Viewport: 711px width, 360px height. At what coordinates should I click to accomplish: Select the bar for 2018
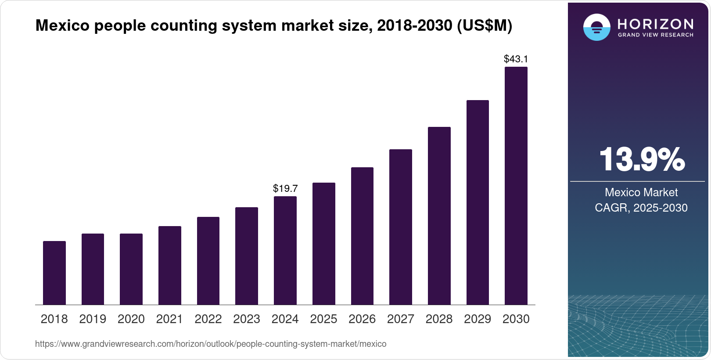coord(54,273)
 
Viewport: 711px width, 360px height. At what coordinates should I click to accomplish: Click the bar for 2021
coord(170,265)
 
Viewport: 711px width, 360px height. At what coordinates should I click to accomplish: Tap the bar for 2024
coord(285,250)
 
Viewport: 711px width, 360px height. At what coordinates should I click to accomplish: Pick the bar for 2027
coord(401,227)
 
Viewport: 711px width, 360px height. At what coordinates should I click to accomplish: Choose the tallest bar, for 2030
coord(516,186)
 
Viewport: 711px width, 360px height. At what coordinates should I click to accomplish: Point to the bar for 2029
coord(478,202)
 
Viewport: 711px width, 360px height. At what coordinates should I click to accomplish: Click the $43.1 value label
coord(516,59)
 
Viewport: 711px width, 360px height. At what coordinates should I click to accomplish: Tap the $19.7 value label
coord(285,188)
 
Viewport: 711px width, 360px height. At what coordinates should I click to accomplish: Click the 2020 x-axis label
coord(131,319)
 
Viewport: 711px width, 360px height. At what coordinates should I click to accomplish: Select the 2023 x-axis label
coord(247,319)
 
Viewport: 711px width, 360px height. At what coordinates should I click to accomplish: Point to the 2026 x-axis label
coord(362,319)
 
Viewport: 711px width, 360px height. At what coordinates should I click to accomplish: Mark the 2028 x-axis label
coord(439,319)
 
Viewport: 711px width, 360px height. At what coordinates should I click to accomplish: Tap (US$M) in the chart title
coord(485,25)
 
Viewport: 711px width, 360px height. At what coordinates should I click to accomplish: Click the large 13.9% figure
coord(641,159)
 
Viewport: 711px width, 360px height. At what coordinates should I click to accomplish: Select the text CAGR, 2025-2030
coord(641,208)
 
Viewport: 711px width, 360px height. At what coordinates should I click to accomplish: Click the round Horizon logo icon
coord(596,27)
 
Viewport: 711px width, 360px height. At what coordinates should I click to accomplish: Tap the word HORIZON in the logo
coord(656,24)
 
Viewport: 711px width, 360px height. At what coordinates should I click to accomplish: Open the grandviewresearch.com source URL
coord(211,344)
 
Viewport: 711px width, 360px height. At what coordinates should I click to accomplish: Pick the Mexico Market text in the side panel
coord(641,192)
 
